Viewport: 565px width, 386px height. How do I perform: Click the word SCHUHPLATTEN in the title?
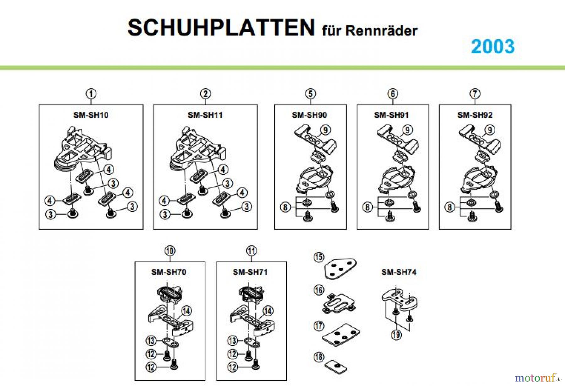[221, 28]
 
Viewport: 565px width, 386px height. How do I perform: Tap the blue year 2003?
[493, 47]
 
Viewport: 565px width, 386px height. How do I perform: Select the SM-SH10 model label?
[91, 115]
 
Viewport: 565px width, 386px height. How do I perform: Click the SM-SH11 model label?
[205, 115]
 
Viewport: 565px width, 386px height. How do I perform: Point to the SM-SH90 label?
[309, 115]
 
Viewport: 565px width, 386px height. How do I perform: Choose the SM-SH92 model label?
[475, 115]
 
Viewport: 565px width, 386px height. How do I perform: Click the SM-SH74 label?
[399, 272]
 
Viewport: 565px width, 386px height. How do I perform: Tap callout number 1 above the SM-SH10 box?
[91, 94]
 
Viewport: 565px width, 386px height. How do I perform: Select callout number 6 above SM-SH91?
[393, 94]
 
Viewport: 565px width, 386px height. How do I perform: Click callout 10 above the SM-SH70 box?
[170, 251]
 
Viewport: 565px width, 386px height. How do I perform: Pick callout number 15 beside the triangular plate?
[319, 257]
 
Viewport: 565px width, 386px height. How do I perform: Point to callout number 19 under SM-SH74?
[396, 335]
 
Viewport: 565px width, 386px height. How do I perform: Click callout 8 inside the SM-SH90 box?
[285, 207]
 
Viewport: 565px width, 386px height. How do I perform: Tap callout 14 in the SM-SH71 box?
[268, 311]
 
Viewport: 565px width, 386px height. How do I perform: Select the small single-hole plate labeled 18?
[336, 367]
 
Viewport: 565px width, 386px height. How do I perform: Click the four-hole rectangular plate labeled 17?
[341, 335]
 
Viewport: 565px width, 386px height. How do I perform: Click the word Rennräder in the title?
[381, 31]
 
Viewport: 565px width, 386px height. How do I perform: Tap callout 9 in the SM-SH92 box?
[490, 130]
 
